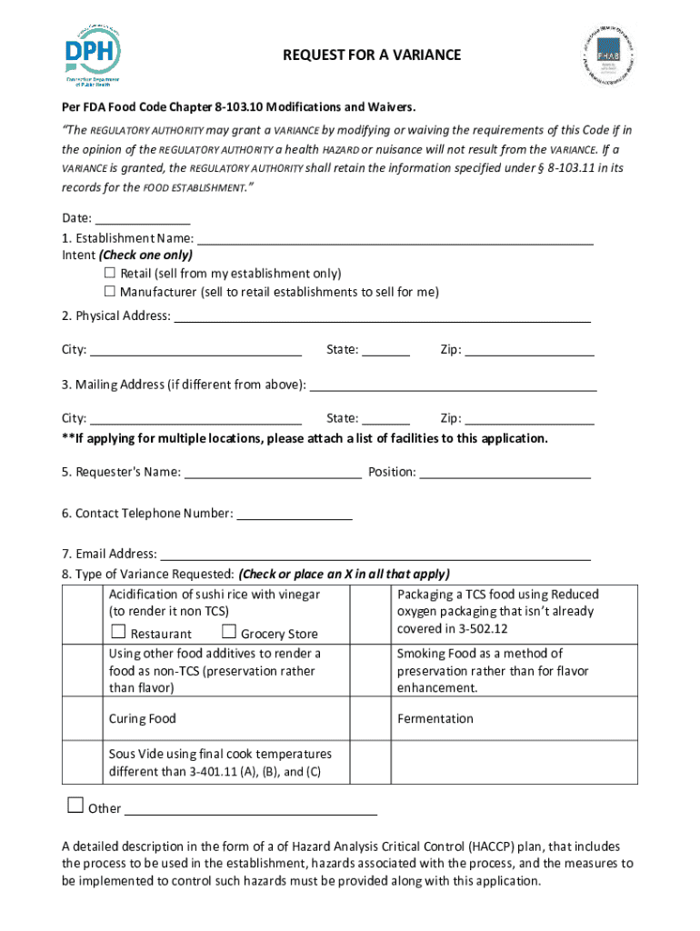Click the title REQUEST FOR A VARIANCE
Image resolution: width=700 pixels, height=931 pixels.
372,55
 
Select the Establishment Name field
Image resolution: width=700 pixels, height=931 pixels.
395,239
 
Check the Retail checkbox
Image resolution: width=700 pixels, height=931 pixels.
110,273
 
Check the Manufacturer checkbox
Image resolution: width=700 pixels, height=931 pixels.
110,292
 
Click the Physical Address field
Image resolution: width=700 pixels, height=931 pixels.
382,316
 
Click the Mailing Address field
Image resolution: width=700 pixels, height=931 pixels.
454,385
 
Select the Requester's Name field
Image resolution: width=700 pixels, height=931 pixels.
273,472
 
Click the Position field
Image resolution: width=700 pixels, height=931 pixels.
505,472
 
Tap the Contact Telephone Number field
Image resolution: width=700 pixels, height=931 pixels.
294,514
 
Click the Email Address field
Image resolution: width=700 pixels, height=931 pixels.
375,554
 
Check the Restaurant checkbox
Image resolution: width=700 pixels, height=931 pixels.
118,633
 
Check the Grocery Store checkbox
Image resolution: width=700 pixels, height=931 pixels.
228,633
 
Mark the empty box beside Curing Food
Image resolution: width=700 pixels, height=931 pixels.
83,719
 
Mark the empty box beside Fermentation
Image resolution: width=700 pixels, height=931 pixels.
371,719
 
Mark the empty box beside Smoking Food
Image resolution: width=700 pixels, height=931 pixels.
371,670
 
